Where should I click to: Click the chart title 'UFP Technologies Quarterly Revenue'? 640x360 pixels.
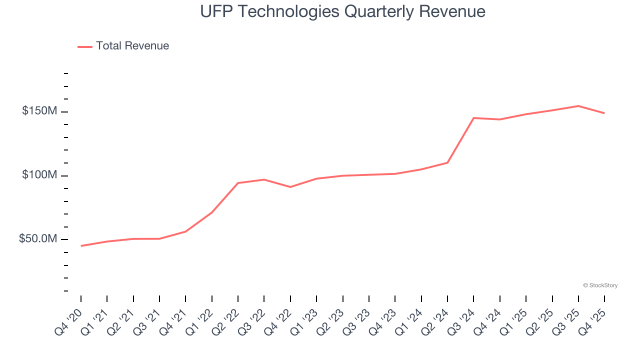tap(342, 11)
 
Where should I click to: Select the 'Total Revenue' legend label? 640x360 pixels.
tap(132, 46)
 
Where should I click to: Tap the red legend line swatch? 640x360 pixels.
tap(85, 46)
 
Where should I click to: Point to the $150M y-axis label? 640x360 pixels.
tap(39, 111)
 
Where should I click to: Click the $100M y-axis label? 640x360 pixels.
tap(39, 175)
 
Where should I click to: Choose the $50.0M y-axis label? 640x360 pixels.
tap(37, 239)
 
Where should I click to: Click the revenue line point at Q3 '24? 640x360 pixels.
tap(473, 118)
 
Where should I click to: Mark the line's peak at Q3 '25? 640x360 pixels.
tap(578, 106)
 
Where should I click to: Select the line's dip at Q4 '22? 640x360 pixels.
tap(290, 187)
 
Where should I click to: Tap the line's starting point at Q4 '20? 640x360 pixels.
tap(81, 246)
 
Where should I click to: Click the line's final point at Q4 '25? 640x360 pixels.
tap(604, 113)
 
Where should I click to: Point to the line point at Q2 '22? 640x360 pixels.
tap(238, 183)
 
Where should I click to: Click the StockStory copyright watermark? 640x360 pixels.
tap(600, 285)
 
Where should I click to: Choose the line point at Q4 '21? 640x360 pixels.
tap(185, 231)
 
